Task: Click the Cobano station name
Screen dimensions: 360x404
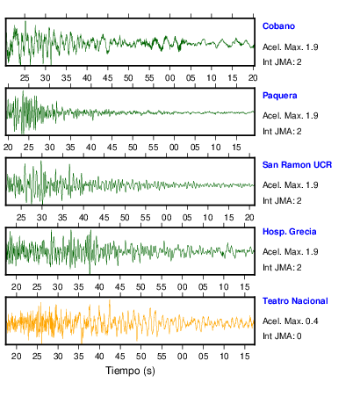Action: [278, 26]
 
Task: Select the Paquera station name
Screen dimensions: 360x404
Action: [279, 96]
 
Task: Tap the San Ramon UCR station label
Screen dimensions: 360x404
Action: [297, 165]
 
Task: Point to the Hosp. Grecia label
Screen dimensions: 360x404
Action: [289, 232]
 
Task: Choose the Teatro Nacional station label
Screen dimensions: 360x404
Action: [295, 301]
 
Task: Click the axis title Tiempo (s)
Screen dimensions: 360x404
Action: [130, 371]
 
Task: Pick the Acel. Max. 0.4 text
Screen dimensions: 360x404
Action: [290, 321]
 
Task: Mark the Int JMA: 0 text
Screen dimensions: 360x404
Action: [282, 335]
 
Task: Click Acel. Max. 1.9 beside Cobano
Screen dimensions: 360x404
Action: [290, 47]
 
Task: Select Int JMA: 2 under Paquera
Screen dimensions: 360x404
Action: [282, 132]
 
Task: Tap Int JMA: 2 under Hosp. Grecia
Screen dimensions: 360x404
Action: [282, 267]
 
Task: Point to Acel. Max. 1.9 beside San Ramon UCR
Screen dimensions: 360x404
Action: [290, 185]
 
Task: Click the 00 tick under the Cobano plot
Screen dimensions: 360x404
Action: [169, 78]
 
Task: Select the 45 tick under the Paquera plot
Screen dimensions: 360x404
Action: [112, 147]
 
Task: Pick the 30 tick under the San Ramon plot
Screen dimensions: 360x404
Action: [42, 218]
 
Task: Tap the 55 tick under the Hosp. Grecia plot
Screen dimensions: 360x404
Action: [162, 287]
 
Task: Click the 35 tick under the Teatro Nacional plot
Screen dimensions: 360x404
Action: [78, 357]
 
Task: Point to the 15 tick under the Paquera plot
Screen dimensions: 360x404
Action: [236, 147]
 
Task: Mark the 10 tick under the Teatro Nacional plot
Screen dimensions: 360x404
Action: [224, 357]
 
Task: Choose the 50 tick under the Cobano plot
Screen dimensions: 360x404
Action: [128, 78]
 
